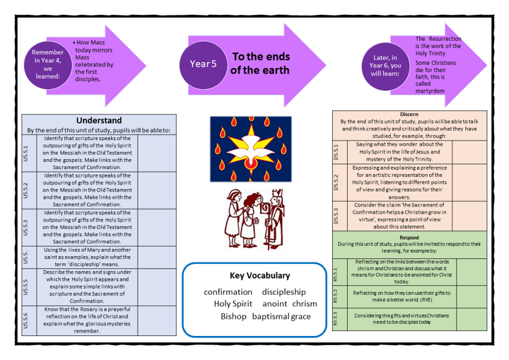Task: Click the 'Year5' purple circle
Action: [x=204, y=64]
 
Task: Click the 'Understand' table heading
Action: [x=99, y=120]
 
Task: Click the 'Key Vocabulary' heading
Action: [x=259, y=275]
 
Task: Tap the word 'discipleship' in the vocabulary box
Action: [x=283, y=291]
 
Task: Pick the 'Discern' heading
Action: [x=409, y=113]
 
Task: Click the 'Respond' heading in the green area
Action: [x=409, y=238]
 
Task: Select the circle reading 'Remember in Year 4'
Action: [x=48, y=64]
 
